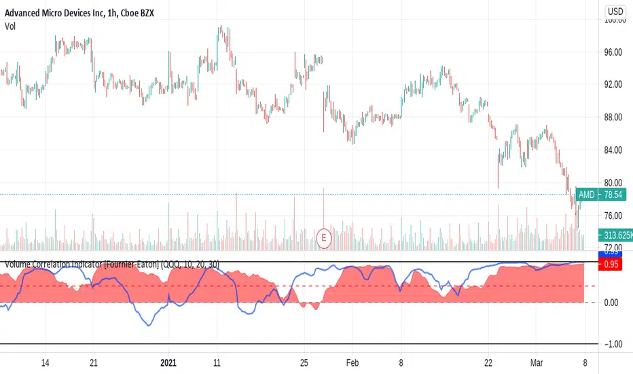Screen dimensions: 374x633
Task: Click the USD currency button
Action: click(x=615, y=11)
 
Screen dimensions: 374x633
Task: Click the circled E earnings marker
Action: click(x=324, y=237)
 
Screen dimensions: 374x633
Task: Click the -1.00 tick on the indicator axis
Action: click(x=613, y=344)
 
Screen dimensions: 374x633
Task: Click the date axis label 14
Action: click(x=45, y=362)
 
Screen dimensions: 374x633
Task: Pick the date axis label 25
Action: click(x=304, y=362)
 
